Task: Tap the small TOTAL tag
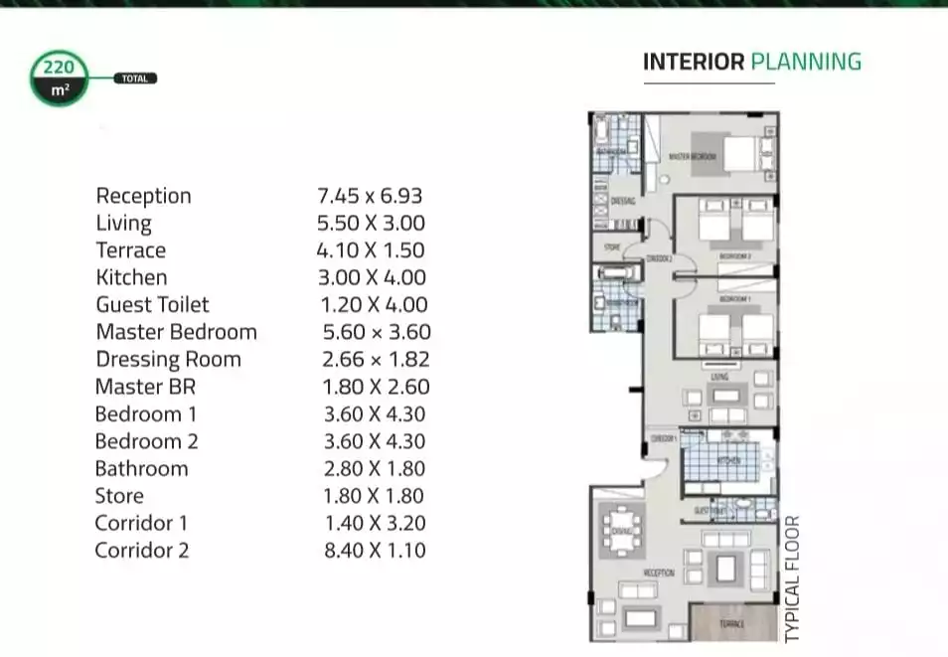[135, 79]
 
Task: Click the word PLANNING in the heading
[806, 62]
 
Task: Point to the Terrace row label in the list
[130, 250]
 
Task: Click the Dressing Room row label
[168, 360]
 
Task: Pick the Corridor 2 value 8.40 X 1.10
[375, 550]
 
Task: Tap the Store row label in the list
[119, 495]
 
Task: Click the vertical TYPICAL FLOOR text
[792, 577]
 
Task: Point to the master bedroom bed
[738, 154]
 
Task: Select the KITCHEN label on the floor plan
[728, 461]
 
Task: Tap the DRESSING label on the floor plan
[609, 200]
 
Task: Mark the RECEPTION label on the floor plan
[658, 574]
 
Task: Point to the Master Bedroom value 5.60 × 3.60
[377, 332]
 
